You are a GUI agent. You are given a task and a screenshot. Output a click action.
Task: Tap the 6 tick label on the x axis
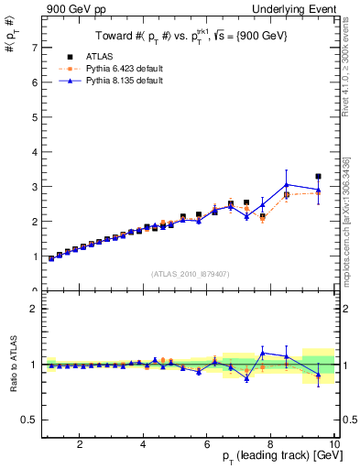(206, 444)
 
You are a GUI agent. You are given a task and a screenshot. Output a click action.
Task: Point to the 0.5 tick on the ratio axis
(30, 420)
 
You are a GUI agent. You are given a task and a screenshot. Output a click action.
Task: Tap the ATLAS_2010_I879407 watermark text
(189, 273)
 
